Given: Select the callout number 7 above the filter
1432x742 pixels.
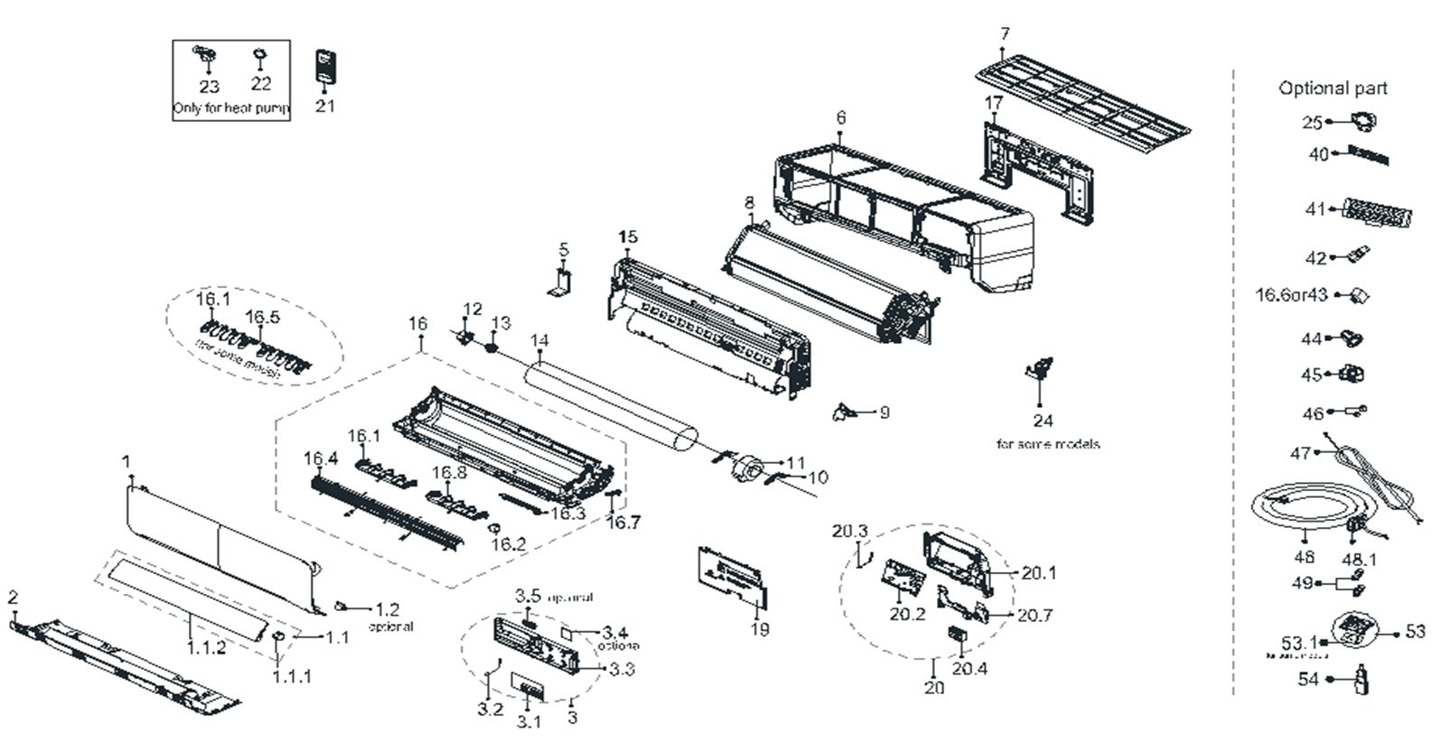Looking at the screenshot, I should pyautogui.click(x=1005, y=34).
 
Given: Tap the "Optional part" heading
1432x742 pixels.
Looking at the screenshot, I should pyautogui.click(x=1332, y=88).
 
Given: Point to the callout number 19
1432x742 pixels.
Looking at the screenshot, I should pyautogui.click(x=760, y=629).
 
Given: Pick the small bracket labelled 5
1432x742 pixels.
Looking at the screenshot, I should pyautogui.click(x=562, y=281).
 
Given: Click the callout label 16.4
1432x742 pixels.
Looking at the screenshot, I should pyautogui.click(x=320, y=459).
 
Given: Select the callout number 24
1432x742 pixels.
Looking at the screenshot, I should pyautogui.click(x=1043, y=421).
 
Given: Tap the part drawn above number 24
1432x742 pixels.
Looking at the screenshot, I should pyautogui.click(x=1040, y=369).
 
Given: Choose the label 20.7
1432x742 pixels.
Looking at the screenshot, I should pyautogui.click(x=1035, y=616).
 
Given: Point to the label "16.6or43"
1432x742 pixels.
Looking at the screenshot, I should pyautogui.click(x=1291, y=295).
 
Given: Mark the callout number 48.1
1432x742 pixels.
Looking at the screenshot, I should pyautogui.click(x=1359, y=560).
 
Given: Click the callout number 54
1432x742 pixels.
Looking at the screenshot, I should pyautogui.click(x=1307, y=680).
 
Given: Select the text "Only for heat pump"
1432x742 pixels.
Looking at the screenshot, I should pyautogui.click(x=231, y=109).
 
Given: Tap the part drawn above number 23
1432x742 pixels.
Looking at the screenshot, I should pyautogui.click(x=206, y=57).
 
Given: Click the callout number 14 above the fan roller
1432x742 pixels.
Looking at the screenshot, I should pyautogui.click(x=539, y=340).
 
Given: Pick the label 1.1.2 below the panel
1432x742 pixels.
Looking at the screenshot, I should pyautogui.click(x=207, y=648).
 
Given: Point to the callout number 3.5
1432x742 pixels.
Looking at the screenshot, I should pyautogui.click(x=529, y=597).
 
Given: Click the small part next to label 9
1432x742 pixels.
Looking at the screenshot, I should pyautogui.click(x=844, y=412).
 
